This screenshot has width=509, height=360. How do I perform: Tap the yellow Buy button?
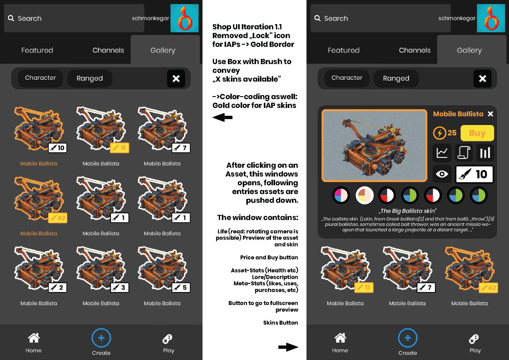coord(477,133)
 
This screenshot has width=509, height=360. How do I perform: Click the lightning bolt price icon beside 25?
coord(439,133)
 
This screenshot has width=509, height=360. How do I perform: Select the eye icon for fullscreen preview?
coord(442,174)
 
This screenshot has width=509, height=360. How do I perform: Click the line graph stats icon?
coord(442,153)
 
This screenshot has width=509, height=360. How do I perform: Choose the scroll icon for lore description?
coord(464,153)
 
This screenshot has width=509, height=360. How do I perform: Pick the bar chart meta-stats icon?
coord(485,153)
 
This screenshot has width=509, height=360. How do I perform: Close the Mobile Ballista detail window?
coord(490,114)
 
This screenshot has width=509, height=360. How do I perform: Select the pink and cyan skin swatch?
coord(341,195)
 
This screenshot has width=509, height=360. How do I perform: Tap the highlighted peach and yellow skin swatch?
coord(365,195)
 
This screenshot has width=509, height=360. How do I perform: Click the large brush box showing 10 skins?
coord(474,174)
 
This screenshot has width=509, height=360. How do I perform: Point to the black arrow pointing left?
coord(222,117)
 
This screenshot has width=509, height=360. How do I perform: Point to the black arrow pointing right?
coord(288,347)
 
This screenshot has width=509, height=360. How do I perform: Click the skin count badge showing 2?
coord(57,287)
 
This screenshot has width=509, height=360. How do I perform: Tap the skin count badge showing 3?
coord(120,287)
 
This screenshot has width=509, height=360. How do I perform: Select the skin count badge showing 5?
coord(181,287)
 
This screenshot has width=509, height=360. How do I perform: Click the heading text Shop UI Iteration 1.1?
coord(247,27)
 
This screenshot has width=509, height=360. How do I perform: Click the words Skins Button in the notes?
coord(280,323)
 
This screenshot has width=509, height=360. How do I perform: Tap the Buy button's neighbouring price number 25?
coord(452,133)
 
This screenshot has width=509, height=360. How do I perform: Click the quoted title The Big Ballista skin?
coord(407,211)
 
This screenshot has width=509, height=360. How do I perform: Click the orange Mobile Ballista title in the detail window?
coord(458,114)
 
